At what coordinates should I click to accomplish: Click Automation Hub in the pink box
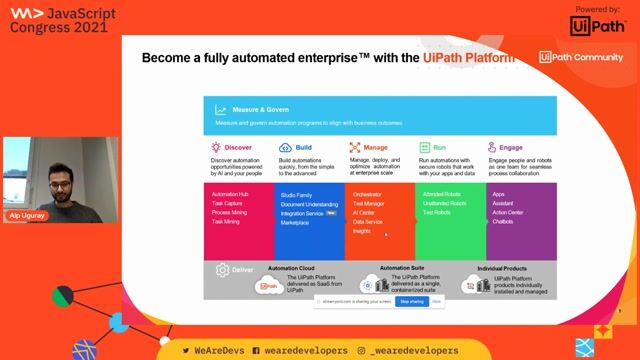(x=230, y=193)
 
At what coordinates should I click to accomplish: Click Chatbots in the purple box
(x=502, y=221)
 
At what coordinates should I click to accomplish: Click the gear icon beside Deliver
(x=220, y=268)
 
